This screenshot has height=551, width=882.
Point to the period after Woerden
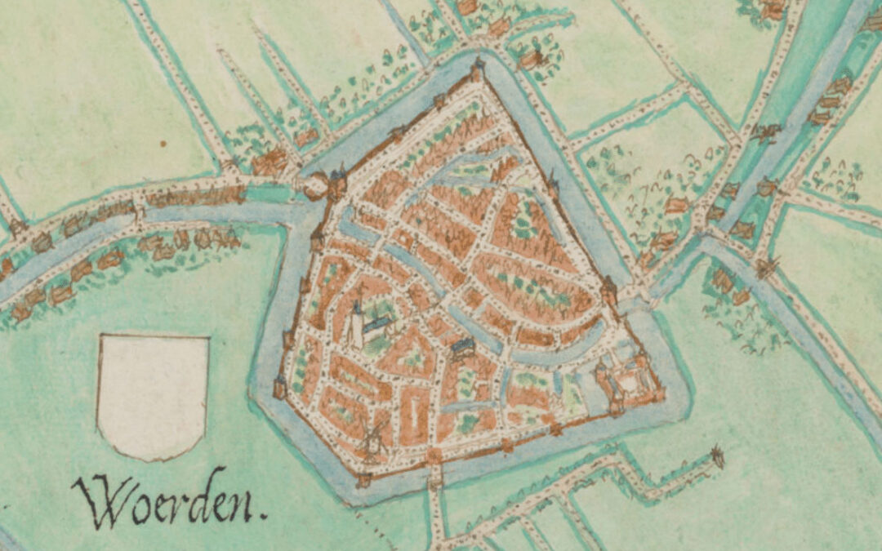pos(263,516)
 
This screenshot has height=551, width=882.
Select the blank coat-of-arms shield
pos(153,395)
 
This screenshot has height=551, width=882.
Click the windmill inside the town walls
pos(375,438)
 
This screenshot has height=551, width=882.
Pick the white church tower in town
pos(357,324)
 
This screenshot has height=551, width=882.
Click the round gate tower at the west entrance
pos(315,189)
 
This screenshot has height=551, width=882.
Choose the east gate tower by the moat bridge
pos(608,291)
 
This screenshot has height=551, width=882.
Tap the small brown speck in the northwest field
pos(163,144)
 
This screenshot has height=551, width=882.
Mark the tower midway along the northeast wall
pos(553,183)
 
